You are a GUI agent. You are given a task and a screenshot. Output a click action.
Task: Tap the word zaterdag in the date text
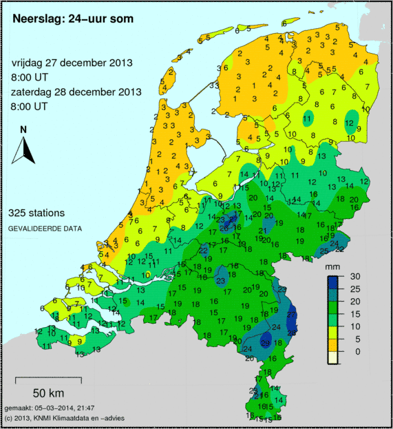34,92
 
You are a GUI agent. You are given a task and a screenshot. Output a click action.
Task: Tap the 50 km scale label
48,394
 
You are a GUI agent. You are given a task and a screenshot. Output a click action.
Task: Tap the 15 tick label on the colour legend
356,313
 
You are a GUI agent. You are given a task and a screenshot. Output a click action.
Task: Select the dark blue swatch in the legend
333,282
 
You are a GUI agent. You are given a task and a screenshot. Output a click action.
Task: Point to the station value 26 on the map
224,229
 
